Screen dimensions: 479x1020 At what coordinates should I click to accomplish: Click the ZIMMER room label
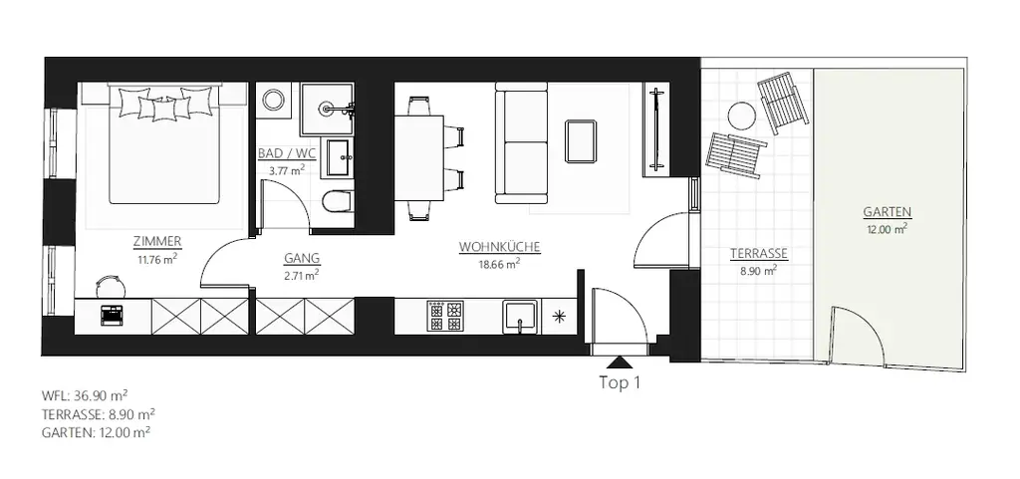[157, 241]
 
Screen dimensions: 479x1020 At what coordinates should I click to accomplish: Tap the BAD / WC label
[286, 154]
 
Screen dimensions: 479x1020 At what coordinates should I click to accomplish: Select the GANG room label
[300, 258]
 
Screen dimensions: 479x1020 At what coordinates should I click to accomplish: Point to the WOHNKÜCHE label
[499, 246]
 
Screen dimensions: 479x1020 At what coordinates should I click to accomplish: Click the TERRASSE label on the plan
[759, 254]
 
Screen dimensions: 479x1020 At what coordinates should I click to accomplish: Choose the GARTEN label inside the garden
[887, 212]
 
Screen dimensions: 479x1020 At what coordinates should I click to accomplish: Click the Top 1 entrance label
[619, 382]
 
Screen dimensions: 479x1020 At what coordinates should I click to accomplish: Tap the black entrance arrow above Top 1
[619, 363]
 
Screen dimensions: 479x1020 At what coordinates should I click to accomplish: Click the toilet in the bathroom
[338, 201]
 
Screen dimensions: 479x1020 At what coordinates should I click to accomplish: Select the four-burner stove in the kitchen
[445, 317]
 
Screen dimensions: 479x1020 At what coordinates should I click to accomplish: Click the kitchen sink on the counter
[520, 317]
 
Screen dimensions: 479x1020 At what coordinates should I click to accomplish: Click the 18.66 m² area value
[499, 264]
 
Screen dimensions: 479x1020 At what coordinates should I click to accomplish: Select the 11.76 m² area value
[157, 259]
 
